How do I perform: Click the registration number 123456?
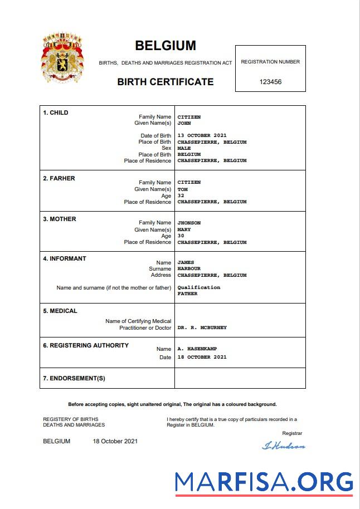click(x=270, y=82)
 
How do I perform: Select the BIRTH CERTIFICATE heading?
click(x=165, y=82)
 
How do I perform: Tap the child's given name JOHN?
click(x=184, y=124)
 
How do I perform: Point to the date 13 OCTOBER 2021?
click(x=202, y=136)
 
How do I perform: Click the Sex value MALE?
click(x=184, y=149)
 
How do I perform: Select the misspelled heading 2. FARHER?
click(x=59, y=178)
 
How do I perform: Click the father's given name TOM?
click(x=182, y=189)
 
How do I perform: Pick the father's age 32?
click(x=181, y=195)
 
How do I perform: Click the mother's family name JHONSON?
click(x=189, y=223)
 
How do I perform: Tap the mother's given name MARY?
click(x=184, y=229)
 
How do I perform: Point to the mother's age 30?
click(x=181, y=236)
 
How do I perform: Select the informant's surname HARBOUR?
click(x=189, y=269)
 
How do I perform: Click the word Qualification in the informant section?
click(x=198, y=287)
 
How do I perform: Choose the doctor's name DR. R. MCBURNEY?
click(x=202, y=328)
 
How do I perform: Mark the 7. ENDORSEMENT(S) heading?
click(x=74, y=379)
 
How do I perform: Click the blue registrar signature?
click(x=283, y=446)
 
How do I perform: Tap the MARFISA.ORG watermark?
click(x=264, y=482)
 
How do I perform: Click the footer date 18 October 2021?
click(x=115, y=442)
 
